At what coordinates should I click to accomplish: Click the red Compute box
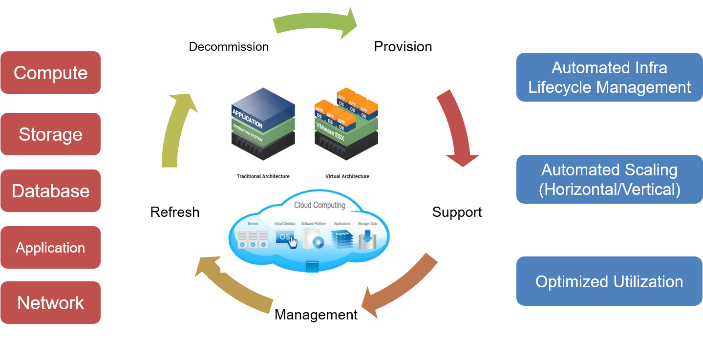(50, 73)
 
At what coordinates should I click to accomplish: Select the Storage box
(50, 134)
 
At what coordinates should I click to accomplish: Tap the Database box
(50, 191)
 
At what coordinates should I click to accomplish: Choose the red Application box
(50, 248)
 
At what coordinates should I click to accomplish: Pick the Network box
(50, 303)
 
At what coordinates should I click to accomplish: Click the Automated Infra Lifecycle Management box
(609, 77)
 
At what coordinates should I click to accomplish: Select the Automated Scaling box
(609, 179)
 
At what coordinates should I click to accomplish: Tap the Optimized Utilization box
(609, 281)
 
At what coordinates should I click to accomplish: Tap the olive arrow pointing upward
(178, 129)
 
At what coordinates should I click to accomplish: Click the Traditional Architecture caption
(263, 176)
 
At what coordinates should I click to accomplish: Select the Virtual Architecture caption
(347, 176)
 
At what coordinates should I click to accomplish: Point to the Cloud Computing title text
(320, 205)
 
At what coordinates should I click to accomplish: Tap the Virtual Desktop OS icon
(286, 239)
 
